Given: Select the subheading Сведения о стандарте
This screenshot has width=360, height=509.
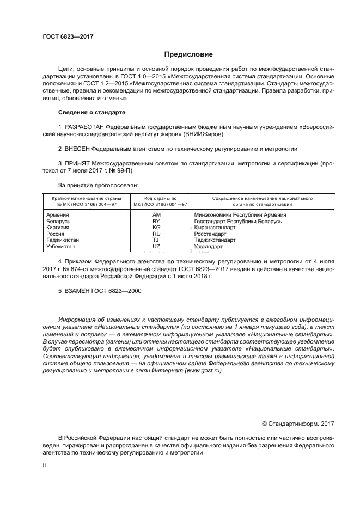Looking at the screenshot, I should [91, 112].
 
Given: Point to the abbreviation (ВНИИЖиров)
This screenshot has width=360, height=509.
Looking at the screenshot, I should [200, 133].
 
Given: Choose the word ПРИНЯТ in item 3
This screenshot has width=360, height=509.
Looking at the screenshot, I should [77, 163].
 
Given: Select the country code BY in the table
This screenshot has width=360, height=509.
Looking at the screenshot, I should [156, 222].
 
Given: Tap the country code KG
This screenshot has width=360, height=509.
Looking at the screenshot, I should [156, 228].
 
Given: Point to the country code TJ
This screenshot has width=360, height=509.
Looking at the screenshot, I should [156, 240].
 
